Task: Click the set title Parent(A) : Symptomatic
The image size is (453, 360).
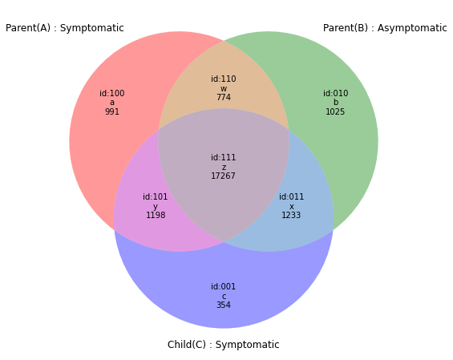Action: point(65,28)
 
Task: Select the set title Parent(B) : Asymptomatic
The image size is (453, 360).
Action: point(385,28)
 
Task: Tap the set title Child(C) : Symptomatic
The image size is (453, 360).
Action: point(224,345)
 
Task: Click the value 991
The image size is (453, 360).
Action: point(112,111)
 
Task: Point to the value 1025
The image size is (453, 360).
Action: point(335,111)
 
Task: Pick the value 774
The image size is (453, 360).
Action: point(224,97)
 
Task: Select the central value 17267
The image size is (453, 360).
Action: point(223,176)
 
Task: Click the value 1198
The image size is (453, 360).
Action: point(156,215)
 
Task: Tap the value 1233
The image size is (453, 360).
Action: point(291,215)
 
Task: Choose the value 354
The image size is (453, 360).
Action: point(224,305)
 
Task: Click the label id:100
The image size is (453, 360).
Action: point(112,93)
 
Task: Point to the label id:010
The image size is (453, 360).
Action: point(335,93)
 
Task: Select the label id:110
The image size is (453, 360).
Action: point(224,79)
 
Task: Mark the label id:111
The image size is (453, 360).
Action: point(224,157)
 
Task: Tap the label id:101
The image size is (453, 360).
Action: point(155,196)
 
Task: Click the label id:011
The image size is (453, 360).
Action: point(291,196)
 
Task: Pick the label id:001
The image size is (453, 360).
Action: point(224,286)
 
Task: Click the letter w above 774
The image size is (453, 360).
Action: point(224,89)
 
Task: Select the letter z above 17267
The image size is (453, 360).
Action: point(224,168)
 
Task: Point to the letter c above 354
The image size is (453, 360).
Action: point(224,297)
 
